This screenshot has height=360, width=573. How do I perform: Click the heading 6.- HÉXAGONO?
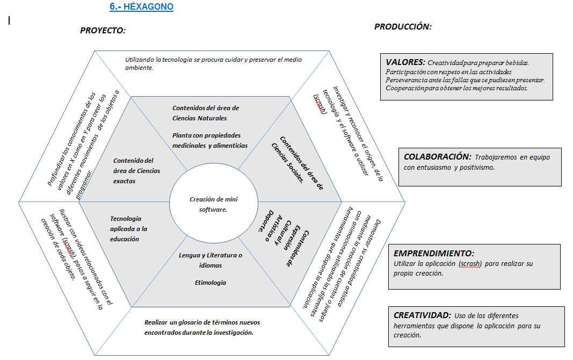click(141, 7)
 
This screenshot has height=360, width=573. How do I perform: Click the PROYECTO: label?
click(103, 31)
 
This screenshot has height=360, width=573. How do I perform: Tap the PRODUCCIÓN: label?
click(403, 26)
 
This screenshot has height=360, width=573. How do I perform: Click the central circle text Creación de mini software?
click(213, 204)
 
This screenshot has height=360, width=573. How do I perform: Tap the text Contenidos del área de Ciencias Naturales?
click(205, 113)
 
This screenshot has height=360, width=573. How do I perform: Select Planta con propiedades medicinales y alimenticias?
click(209, 140)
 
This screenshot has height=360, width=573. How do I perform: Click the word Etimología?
click(210, 283)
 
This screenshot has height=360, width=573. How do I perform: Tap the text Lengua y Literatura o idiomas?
click(210, 260)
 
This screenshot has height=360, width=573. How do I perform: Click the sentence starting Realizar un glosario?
click(202, 327)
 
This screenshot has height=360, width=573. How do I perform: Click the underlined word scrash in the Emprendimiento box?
click(470, 264)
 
